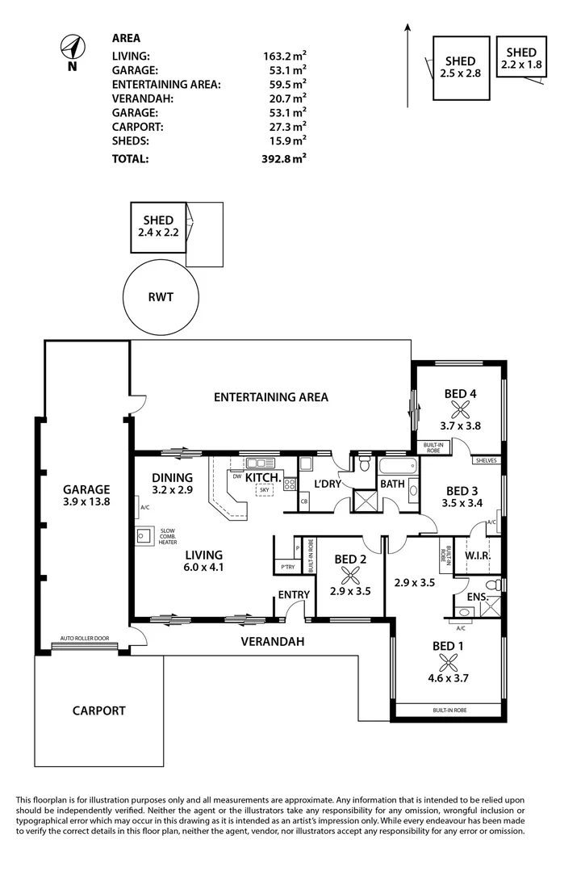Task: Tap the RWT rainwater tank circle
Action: (x=161, y=297)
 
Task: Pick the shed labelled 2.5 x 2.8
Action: (x=460, y=67)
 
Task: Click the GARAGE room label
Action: (x=86, y=489)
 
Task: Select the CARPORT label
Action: (x=98, y=711)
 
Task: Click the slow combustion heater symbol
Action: (x=146, y=535)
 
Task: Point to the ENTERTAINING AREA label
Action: (x=270, y=396)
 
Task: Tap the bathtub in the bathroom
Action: (x=395, y=467)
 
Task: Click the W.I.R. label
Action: (x=479, y=557)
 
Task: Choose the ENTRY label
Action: (x=294, y=594)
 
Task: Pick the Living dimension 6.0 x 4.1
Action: (x=204, y=567)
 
